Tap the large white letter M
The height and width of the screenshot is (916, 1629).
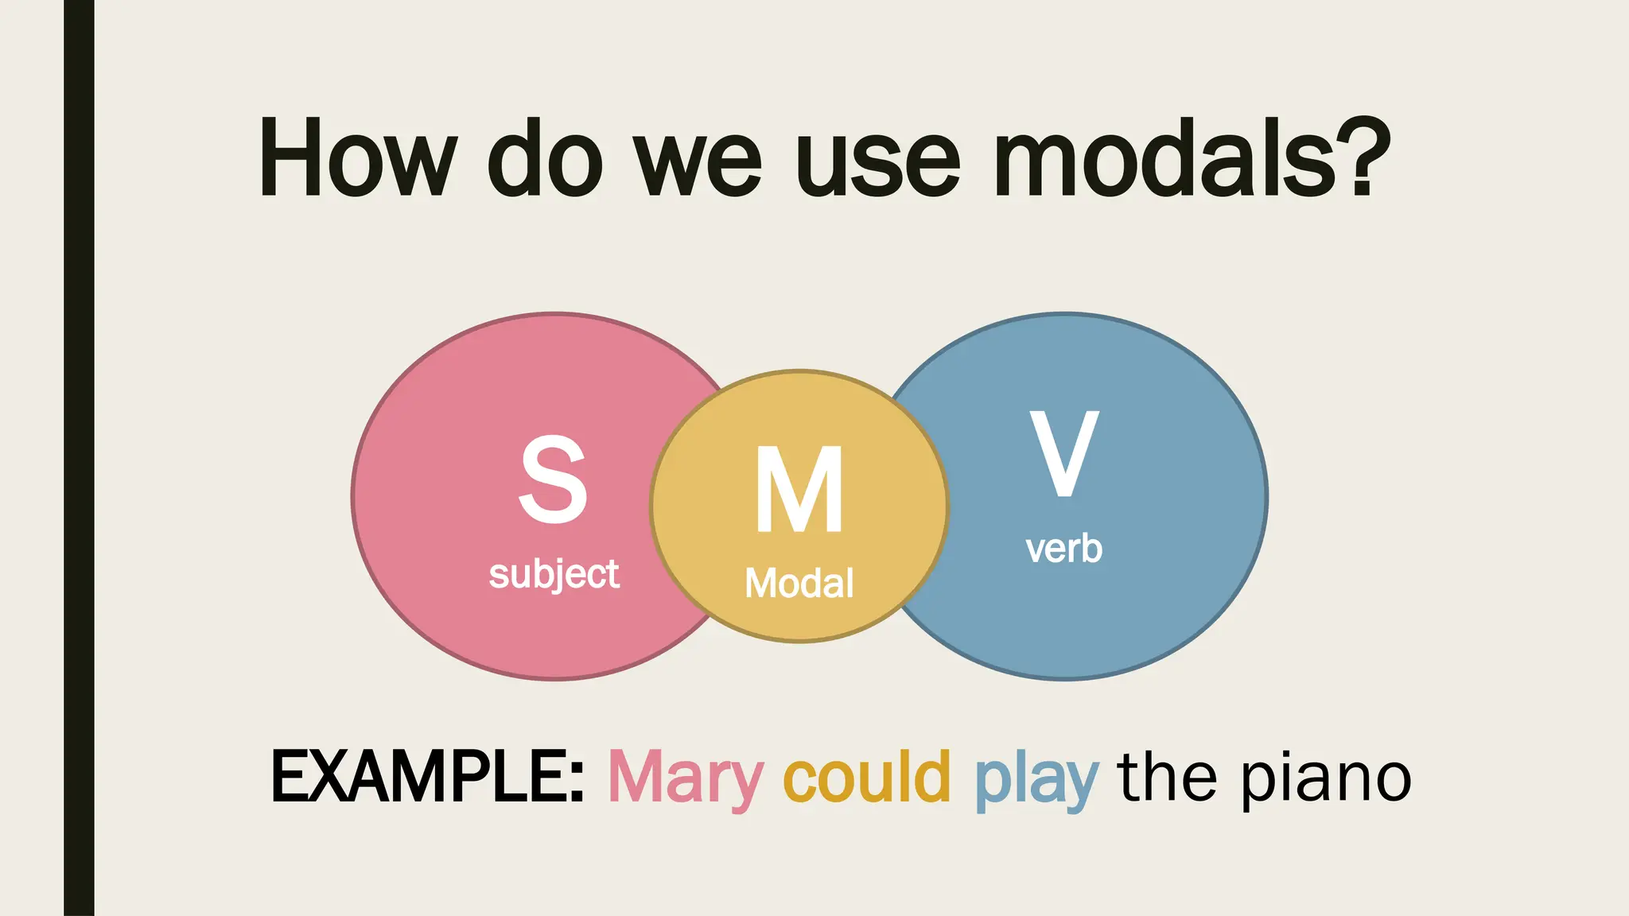pos(799,490)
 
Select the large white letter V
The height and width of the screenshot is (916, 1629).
pos(1063,453)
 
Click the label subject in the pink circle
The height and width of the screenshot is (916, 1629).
pos(554,574)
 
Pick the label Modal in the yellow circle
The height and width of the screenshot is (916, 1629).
pos(799,583)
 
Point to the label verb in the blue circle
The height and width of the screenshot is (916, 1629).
pos(1063,549)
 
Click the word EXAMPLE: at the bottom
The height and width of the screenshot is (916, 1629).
pos(427,777)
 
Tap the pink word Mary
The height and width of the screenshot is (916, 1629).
pos(686,779)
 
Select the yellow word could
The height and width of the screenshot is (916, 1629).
pos(867,777)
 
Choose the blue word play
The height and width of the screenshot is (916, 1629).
pos(1036,781)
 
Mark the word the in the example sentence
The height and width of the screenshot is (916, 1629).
pos(1167,777)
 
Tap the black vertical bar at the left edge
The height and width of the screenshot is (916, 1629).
pos(79,458)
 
